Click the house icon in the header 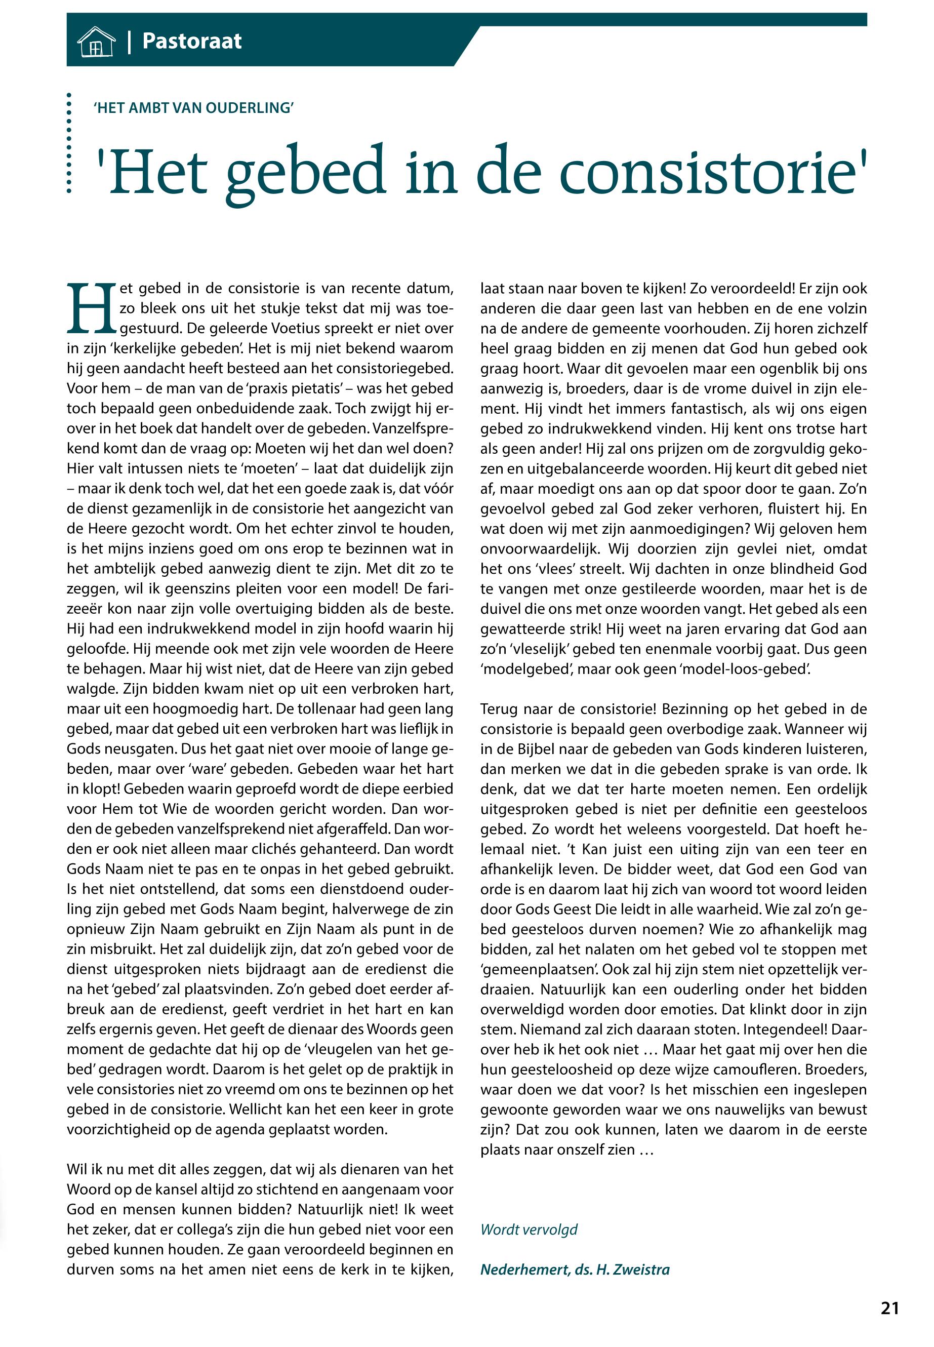pos(96,42)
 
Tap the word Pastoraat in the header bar pos(192,41)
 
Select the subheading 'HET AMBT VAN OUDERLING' pos(194,108)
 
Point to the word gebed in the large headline pos(305,173)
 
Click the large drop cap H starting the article pos(92,308)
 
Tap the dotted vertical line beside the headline pos(69,143)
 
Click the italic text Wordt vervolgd pos(529,1230)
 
